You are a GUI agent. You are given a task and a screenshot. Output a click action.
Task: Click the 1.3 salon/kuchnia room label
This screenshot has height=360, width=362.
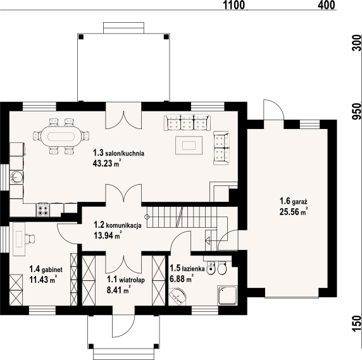(x=119, y=152)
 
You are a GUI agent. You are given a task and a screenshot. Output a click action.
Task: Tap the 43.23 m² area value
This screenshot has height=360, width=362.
(x=106, y=163)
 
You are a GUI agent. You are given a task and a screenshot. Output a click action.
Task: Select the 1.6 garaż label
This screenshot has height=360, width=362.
(x=294, y=202)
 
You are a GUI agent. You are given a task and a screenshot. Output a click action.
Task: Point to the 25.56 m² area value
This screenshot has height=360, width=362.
(x=293, y=212)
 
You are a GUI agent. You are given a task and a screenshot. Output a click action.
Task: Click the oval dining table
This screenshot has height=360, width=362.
(x=61, y=135)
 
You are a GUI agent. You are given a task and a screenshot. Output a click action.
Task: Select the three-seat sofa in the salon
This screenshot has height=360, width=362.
(x=186, y=121)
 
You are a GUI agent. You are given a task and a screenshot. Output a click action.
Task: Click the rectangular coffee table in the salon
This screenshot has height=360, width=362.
(x=189, y=145)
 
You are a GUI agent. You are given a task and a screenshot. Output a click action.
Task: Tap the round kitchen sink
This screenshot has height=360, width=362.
(x=18, y=177)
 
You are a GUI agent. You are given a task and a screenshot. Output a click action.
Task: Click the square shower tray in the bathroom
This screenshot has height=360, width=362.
(x=226, y=295)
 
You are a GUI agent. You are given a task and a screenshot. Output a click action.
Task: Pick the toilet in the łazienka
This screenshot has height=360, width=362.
(x=222, y=270)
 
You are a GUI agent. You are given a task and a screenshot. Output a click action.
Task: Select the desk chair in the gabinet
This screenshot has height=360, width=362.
(x=30, y=239)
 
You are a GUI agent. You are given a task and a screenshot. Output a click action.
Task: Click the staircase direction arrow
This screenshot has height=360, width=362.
(x=207, y=240)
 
